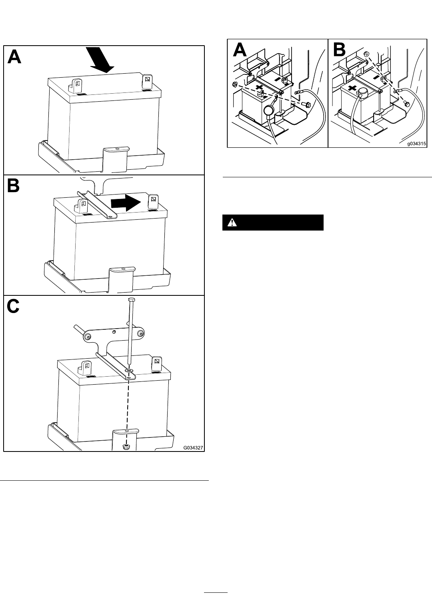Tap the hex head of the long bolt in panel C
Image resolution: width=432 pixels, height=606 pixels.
[x=131, y=300]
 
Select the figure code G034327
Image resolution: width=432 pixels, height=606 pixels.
[x=193, y=448]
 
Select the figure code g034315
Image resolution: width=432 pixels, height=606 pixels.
[x=416, y=144]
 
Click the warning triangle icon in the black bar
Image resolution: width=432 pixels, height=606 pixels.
[x=232, y=223]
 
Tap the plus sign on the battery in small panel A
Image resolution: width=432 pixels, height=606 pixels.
[x=259, y=87]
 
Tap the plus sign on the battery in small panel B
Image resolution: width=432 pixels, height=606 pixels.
[x=352, y=88]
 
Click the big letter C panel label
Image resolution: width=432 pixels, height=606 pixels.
[x=13, y=306]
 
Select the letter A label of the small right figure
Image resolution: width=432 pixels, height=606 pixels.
[x=240, y=50]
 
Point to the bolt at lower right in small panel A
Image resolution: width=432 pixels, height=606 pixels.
[x=306, y=104]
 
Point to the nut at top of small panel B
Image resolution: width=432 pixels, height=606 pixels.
[x=366, y=54]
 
